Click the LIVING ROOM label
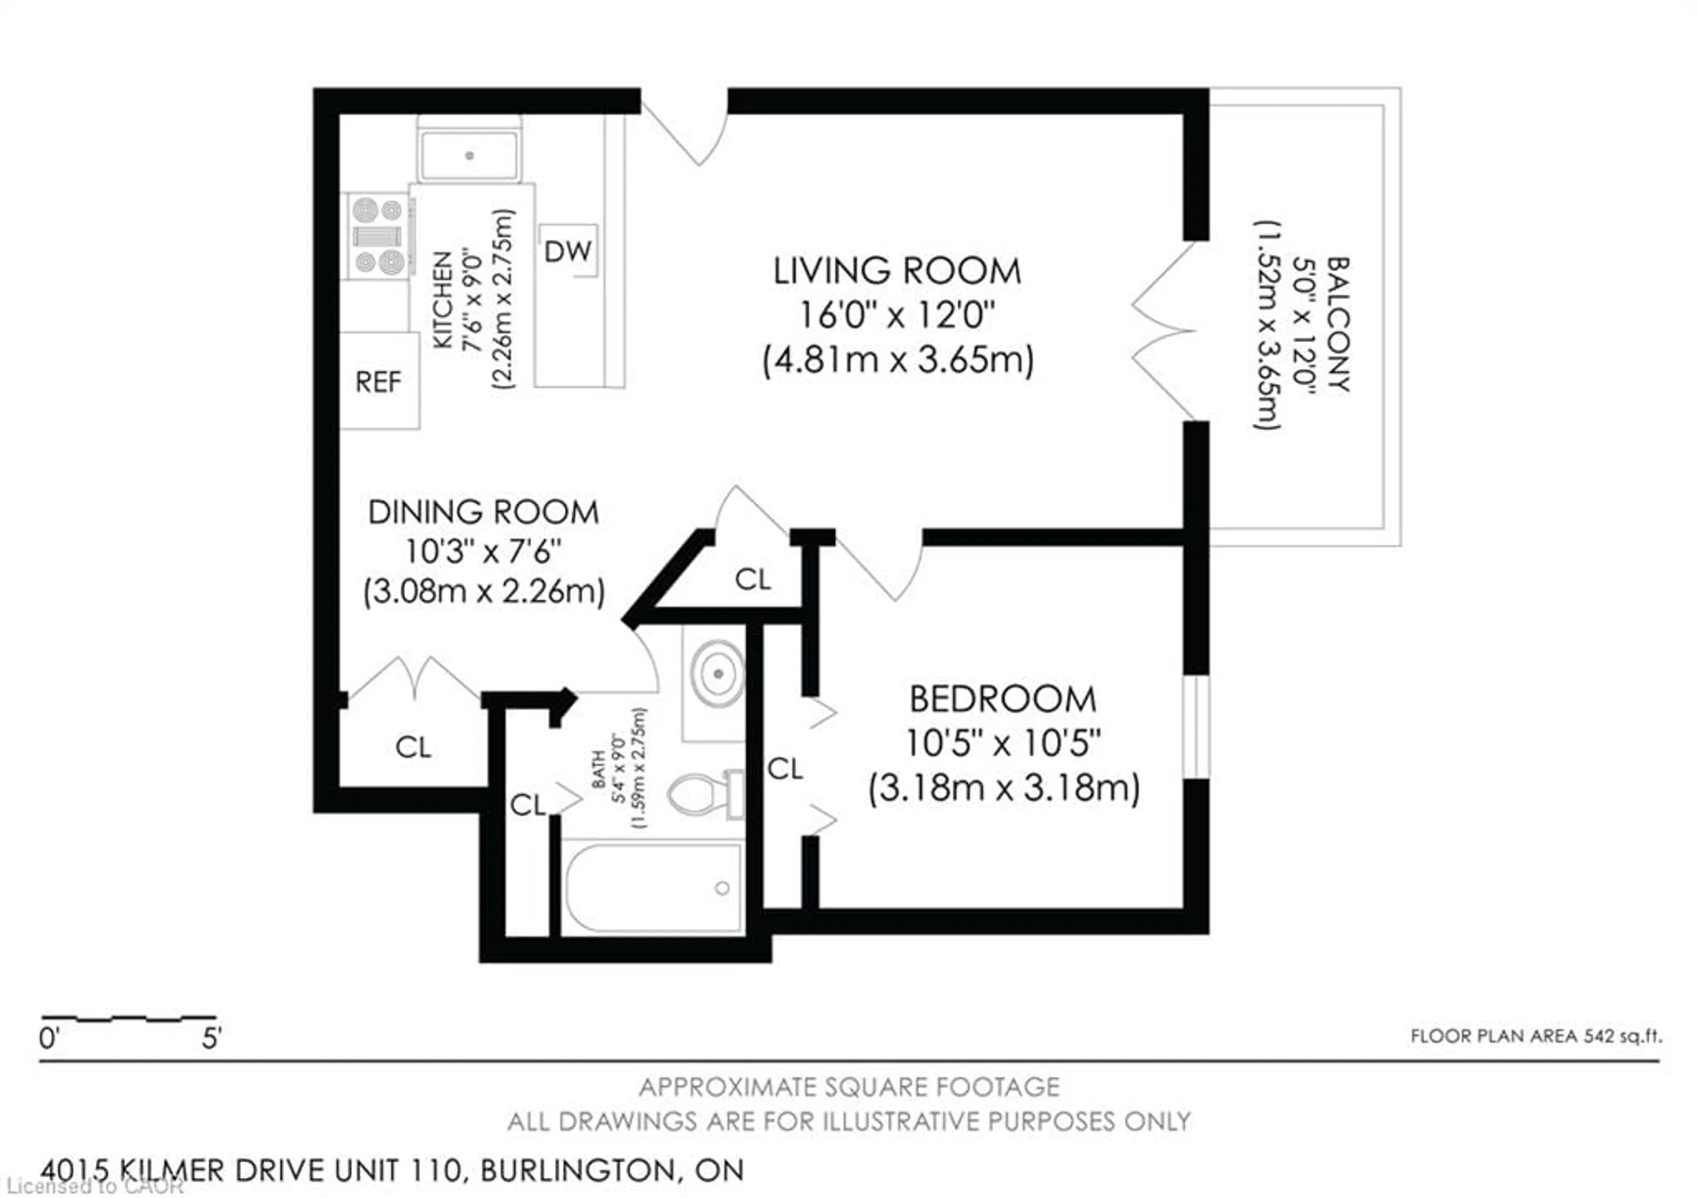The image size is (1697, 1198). tap(897, 271)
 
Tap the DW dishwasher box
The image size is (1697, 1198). tap(567, 251)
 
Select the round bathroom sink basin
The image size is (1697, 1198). tap(717, 674)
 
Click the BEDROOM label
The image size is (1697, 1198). tap(1002, 699)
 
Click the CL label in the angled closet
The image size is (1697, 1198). tap(753, 579)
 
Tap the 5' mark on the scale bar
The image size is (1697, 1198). tap(211, 1038)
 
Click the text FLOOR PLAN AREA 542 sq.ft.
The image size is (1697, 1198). tap(1536, 1036)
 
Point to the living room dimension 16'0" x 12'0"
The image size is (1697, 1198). tap(897, 316)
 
